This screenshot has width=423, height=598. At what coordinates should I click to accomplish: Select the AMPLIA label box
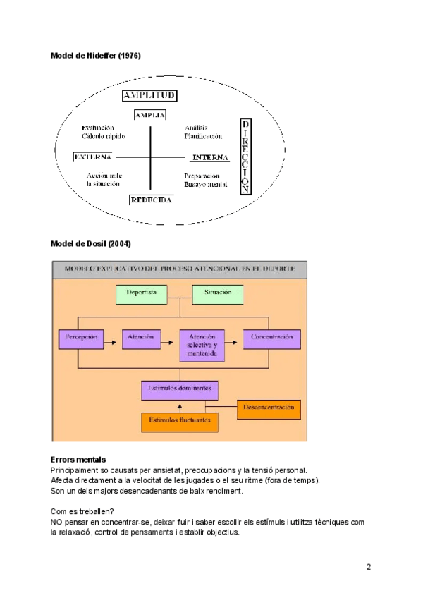pos(149,114)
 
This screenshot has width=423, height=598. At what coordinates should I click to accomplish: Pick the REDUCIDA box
pos(151,200)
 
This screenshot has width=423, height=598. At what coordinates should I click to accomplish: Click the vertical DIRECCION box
pos(245,157)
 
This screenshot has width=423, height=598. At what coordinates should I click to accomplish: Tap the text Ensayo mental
pos(205,184)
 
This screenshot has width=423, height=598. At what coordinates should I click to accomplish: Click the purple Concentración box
pos(272,338)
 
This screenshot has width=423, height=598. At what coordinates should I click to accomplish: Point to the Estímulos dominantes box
pos(180,389)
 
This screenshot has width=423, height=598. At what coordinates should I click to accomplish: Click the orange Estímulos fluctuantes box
pos(180,421)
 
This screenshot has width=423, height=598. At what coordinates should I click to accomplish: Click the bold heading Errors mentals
pos(78,460)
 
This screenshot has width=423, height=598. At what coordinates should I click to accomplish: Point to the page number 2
pos(368,567)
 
